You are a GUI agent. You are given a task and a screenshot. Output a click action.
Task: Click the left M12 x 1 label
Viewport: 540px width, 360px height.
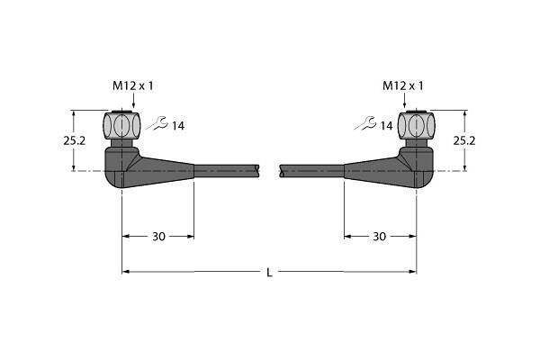[132, 86]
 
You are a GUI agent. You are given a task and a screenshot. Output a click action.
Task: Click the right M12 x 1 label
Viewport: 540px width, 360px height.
[403, 86]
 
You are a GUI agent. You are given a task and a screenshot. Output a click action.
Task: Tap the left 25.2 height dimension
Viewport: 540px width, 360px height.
[74, 140]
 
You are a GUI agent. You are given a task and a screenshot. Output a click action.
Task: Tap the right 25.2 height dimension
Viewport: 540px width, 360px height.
[464, 140]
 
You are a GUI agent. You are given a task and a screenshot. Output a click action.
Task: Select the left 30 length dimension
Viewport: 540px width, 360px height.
[158, 237]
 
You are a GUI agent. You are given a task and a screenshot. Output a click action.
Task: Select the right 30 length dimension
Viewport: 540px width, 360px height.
[379, 237]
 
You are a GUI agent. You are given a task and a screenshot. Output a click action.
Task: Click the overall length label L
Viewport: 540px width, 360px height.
[270, 273]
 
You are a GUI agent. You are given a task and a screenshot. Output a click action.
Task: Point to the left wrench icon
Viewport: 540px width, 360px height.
[157, 123]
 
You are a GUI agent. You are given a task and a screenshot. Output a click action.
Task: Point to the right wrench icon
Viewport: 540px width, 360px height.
[365, 123]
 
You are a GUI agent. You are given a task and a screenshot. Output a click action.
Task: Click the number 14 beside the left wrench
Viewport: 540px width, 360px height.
[178, 126]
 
